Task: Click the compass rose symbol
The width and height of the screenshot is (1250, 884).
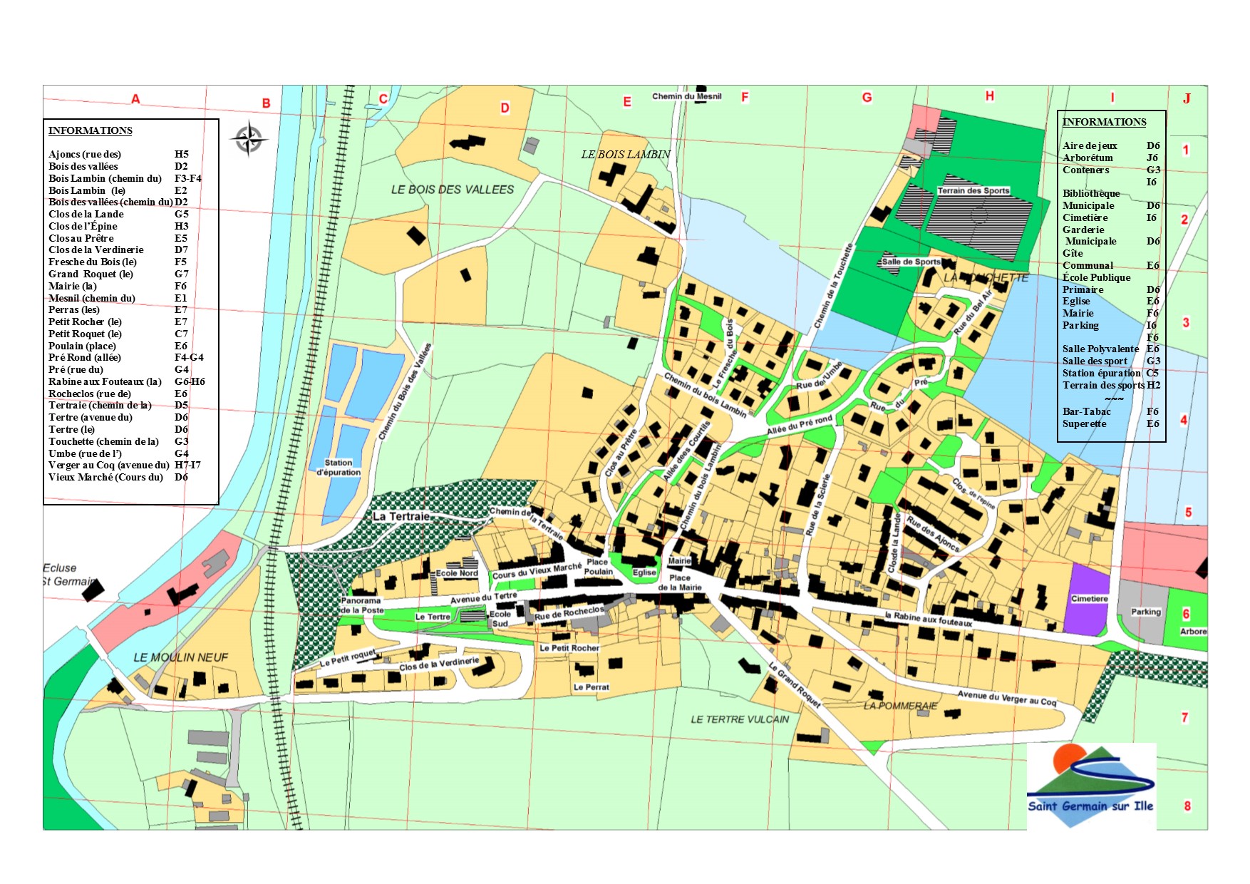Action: click(249, 139)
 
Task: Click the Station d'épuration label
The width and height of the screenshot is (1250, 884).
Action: click(339, 468)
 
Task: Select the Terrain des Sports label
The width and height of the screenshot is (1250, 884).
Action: click(973, 190)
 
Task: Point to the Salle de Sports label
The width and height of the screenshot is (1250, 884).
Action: click(911, 262)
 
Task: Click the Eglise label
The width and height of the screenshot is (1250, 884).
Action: click(644, 572)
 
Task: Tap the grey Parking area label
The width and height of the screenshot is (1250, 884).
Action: click(1145, 612)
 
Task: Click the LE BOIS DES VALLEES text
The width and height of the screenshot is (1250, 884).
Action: click(452, 190)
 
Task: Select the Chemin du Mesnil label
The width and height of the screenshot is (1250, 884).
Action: click(686, 96)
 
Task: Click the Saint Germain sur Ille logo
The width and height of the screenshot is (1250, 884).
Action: click(1090, 786)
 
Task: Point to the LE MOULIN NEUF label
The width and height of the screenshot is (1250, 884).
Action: click(180, 657)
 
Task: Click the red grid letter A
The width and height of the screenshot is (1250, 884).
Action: click(135, 99)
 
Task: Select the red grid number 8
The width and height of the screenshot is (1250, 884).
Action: click(1187, 806)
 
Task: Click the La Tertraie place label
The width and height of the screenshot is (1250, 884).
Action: click(401, 516)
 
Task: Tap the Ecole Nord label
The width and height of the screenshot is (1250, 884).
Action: click(457, 573)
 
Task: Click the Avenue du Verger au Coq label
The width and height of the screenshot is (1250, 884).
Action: click(1006, 698)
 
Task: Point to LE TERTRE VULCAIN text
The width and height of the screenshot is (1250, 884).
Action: click(739, 719)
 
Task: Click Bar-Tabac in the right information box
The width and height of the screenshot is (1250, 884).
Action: click(1086, 411)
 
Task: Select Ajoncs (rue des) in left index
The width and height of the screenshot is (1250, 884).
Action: click(85, 154)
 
